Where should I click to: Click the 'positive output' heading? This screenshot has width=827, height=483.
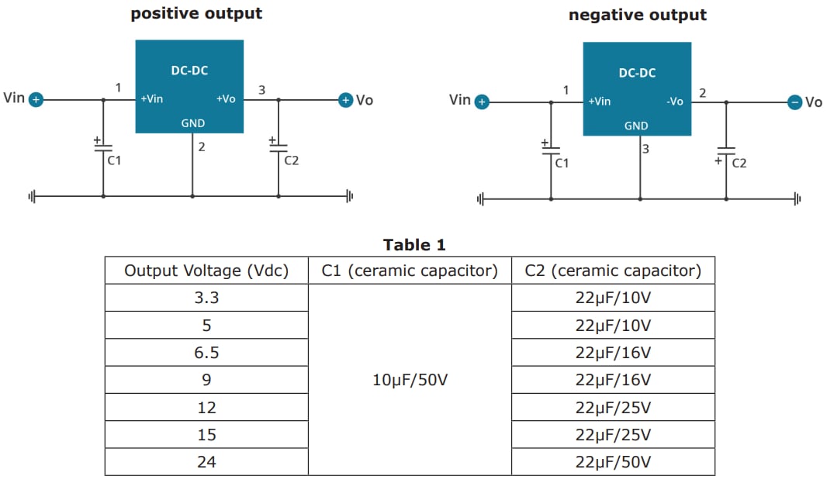196,13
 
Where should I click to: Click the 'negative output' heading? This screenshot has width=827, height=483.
638,15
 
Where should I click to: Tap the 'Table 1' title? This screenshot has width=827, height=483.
414,245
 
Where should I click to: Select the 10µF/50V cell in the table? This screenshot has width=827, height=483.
410,380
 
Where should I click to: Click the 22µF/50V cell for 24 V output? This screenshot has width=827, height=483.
613,462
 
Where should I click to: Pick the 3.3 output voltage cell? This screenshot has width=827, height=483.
206,298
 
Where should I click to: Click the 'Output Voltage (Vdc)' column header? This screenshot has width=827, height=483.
206,271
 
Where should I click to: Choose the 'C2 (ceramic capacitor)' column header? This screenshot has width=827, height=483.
613,271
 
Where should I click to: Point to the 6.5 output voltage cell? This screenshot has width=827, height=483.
206,353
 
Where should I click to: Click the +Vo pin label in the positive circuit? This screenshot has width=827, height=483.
226,99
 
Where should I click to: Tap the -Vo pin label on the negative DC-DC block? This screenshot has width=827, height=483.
674,102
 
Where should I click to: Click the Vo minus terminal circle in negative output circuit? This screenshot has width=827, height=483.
794,102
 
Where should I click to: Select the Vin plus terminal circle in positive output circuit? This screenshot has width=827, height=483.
36,99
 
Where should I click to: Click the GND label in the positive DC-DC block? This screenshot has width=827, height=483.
192,122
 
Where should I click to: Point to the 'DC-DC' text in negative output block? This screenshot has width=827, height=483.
637,73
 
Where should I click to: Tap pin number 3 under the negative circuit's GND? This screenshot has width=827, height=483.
645,149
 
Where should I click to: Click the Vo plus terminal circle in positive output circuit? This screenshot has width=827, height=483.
345,99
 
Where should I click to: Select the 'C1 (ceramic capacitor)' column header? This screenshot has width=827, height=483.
410,271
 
